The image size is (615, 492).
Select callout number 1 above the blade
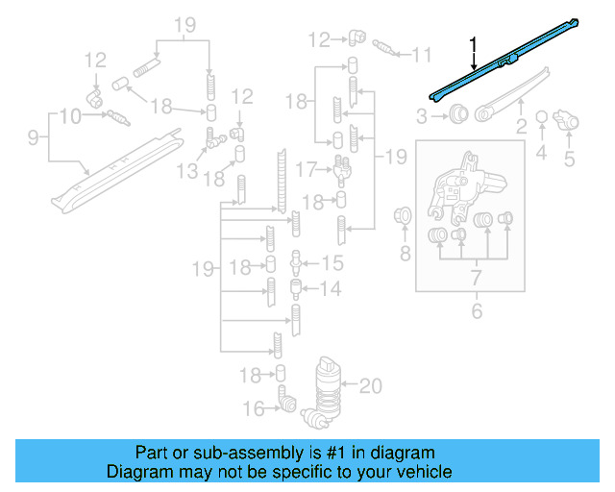(473, 44)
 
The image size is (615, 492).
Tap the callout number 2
(521, 126)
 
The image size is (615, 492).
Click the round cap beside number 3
(459, 116)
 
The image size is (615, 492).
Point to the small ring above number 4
(541, 117)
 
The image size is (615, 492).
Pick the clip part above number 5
(568, 121)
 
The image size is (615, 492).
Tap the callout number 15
(331, 263)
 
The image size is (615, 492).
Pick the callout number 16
(254, 408)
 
